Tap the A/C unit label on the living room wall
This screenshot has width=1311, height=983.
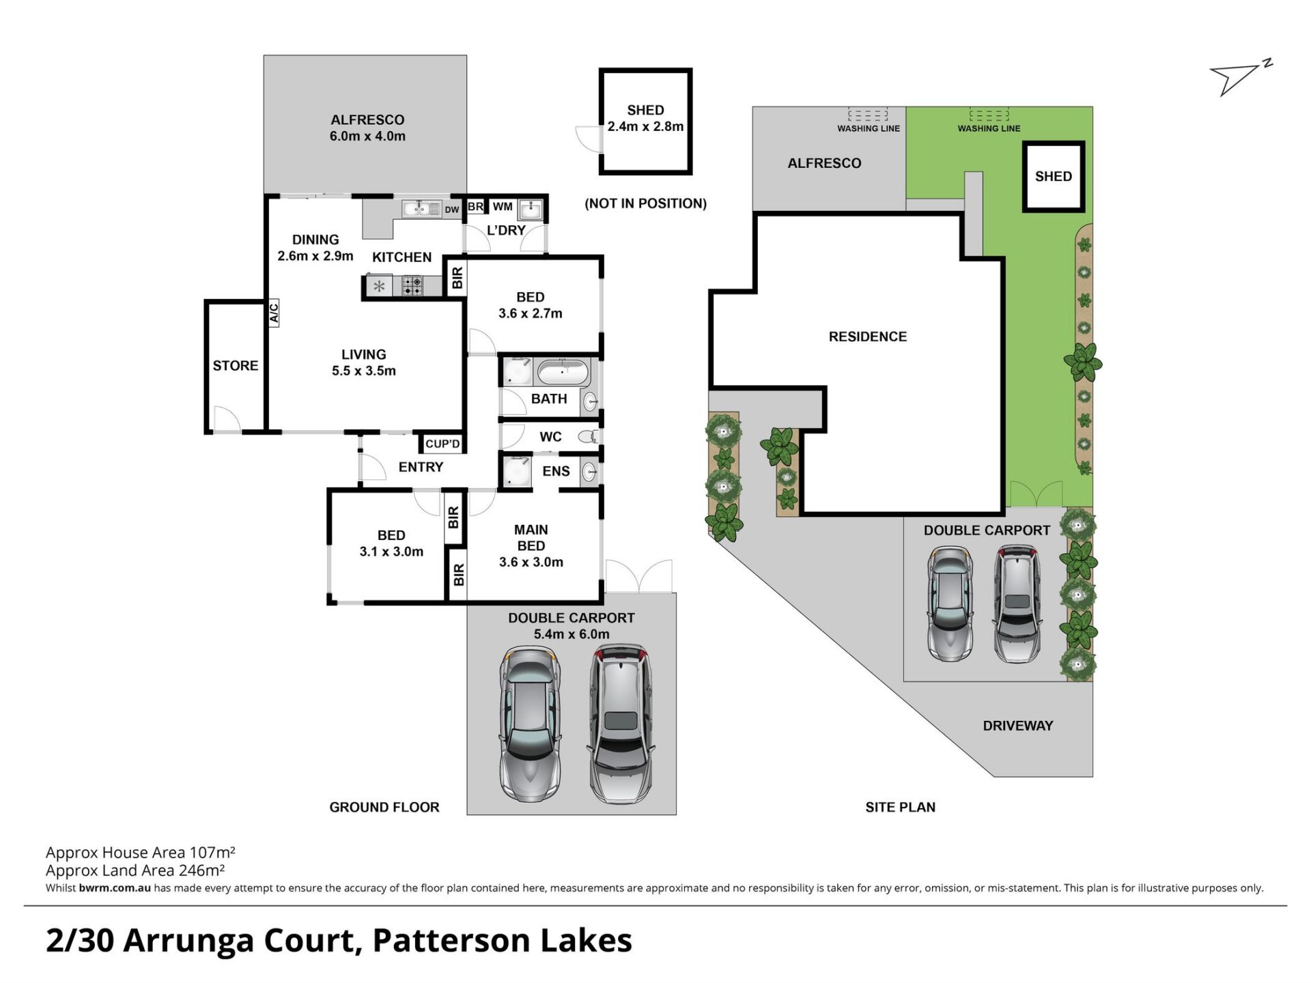(x=274, y=313)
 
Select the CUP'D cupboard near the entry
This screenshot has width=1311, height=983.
(x=442, y=444)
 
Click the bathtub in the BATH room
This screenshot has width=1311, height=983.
(x=563, y=373)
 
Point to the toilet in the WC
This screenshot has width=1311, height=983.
(x=589, y=436)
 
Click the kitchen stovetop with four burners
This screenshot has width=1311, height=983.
(x=412, y=285)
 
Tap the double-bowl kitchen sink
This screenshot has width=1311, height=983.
(x=421, y=208)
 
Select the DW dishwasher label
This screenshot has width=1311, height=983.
(x=452, y=210)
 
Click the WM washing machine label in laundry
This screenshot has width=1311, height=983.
(x=503, y=207)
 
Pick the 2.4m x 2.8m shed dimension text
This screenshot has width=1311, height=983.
(x=645, y=126)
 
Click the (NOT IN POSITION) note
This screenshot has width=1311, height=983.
(x=645, y=203)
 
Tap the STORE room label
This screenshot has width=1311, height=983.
(x=236, y=366)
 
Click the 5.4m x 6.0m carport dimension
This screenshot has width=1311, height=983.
(x=572, y=634)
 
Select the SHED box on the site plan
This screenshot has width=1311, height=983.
(x=1054, y=176)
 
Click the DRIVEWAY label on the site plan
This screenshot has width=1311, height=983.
(x=1018, y=726)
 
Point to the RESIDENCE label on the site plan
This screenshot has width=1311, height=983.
(x=868, y=337)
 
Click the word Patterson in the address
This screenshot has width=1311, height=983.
(x=451, y=941)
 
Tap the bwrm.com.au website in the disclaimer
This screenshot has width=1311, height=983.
(x=115, y=888)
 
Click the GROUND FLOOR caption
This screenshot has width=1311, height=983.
(x=384, y=807)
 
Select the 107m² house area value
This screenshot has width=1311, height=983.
(x=212, y=852)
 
